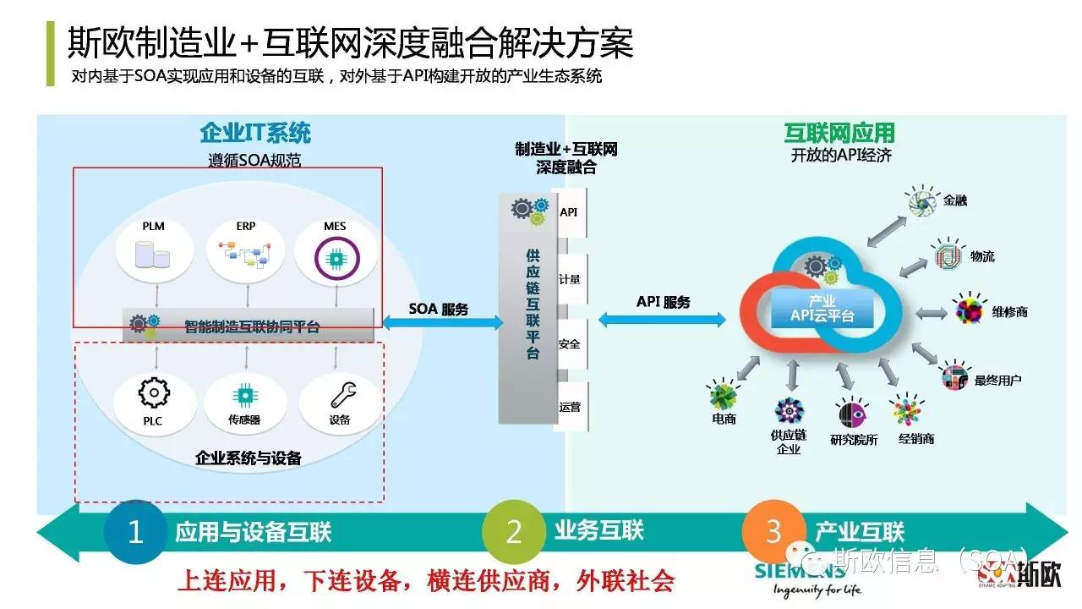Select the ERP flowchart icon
(x=246, y=252)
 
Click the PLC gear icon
(x=154, y=392)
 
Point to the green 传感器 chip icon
(x=245, y=393)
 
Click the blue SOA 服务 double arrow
(x=439, y=322)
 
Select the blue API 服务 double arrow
(x=663, y=319)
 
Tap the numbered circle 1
(x=135, y=532)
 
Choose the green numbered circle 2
(x=514, y=532)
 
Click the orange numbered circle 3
(x=773, y=532)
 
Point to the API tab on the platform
(x=569, y=211)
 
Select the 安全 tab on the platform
(x=569, y=344)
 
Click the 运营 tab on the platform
(x=569, y=407)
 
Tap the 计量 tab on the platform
(x=569, y=277)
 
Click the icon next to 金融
(x=922, y=200)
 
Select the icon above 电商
(x=724, y=396)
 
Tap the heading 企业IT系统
(x=255, y=133)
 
